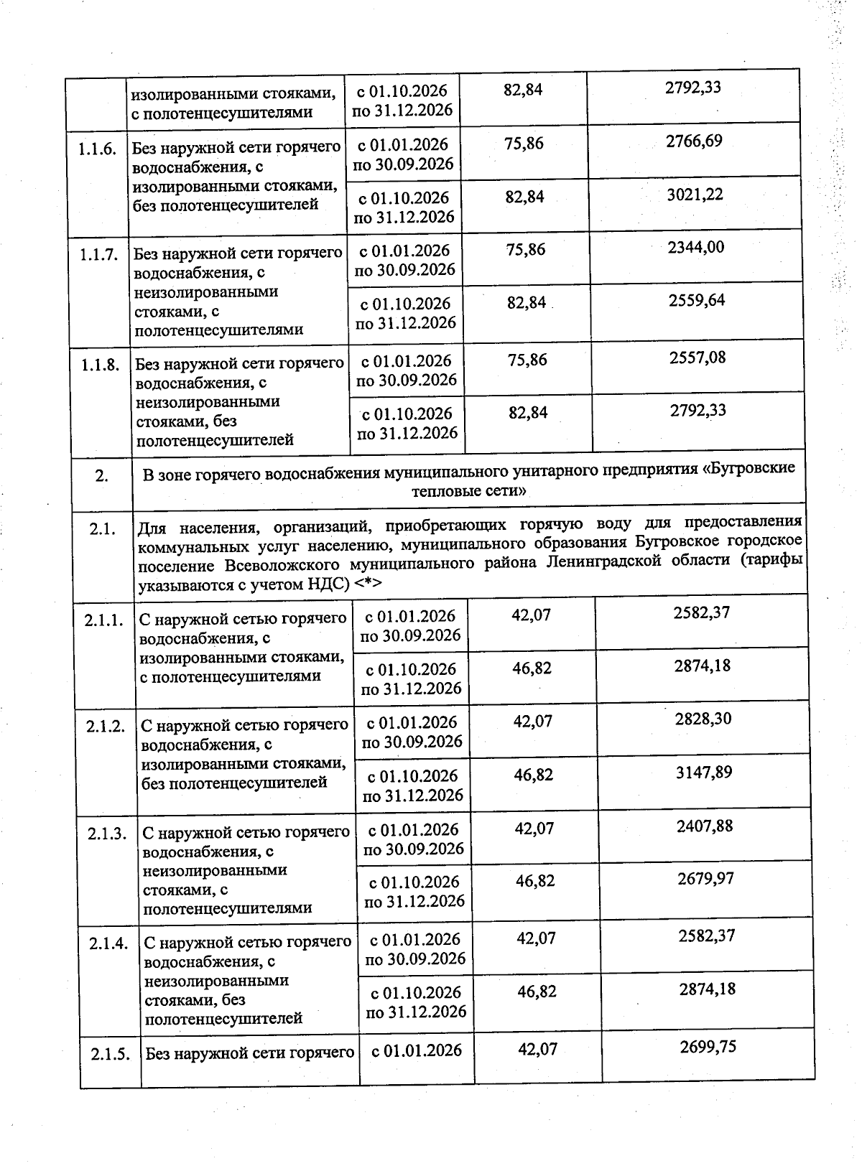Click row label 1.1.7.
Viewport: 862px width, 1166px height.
(x=99, y=255)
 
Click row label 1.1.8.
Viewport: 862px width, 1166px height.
(x=101, y=365)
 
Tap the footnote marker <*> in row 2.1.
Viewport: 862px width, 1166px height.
(x=368, y=584)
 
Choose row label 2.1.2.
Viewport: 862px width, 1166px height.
(x=106, y=727)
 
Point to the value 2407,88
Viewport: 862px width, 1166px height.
(x=705, y=826)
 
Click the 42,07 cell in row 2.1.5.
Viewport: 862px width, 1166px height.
(x=537, y=1050)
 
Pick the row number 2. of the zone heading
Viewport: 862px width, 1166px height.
(x=102, y=476)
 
